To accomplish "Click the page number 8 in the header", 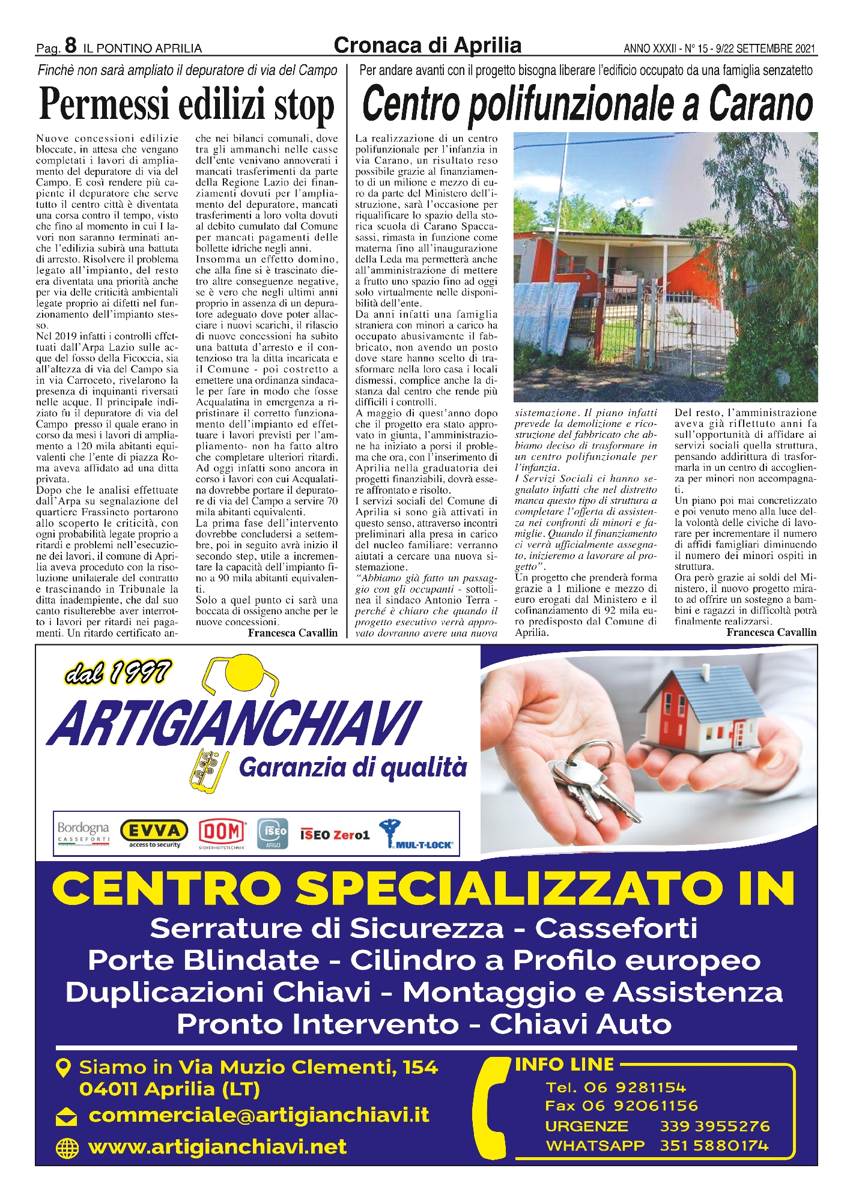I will (x=70, y=46).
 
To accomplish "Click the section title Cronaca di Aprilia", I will (x=427, y=45).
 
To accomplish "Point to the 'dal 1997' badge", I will (x=118, y=673).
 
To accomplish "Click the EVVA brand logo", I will (x=154, y=832).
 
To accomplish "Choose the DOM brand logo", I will (x=222, y=832).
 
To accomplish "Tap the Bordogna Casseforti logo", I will (x=83, y=832).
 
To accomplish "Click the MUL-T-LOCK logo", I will (x=416, y=833).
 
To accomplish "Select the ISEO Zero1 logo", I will (x=335, y=835).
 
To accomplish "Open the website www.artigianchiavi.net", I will (x=217, y=1147).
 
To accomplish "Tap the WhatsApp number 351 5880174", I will (x=714, y=1146).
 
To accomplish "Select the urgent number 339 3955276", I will (x=715, y=1126).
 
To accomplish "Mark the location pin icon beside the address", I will (x=62, y=1067).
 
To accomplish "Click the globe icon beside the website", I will (x=67, y=1148).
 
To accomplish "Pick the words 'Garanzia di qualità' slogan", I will (x=353, y=767).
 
